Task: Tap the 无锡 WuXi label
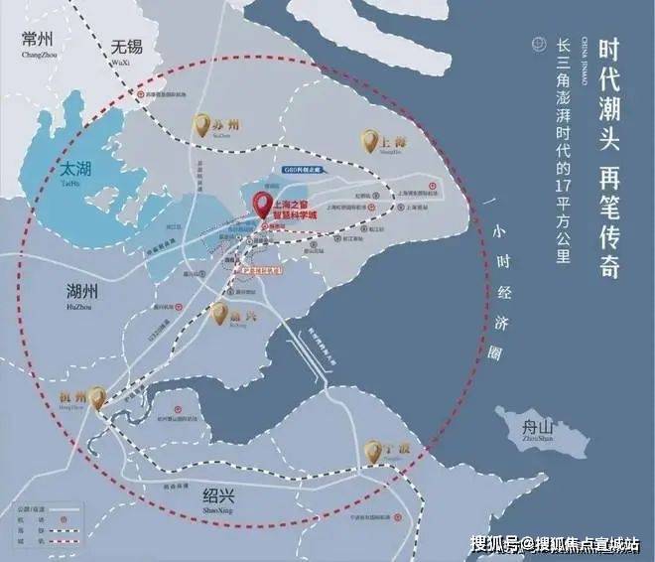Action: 128,49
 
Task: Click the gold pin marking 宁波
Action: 373,452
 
